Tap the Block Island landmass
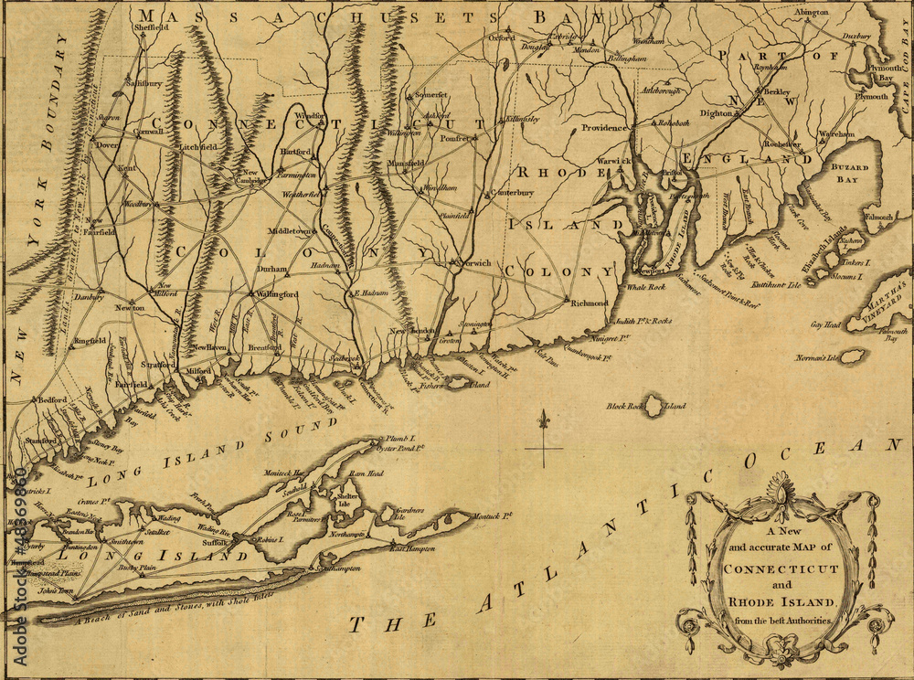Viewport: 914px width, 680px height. [x=654, y=407]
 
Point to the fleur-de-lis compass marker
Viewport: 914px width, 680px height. [x=545, y=422]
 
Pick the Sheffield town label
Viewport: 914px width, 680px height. [x=153, y=28]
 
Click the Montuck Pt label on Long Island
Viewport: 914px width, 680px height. [x=494, y=516]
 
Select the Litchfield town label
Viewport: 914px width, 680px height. [x=197, y=146]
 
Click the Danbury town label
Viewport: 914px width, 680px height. [x=90, y=297]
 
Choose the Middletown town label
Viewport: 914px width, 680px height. [x=289, y=232]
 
